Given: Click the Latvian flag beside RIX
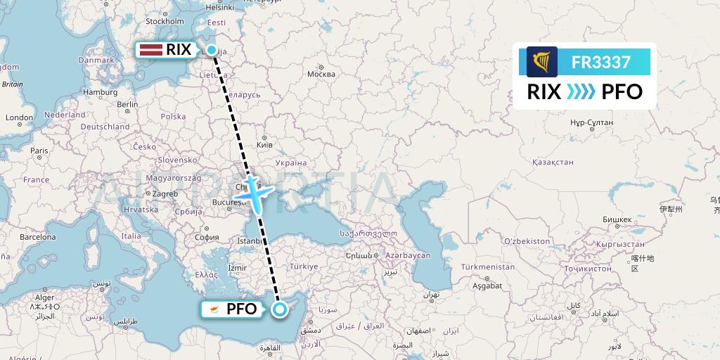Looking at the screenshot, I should click(x=151, y=49).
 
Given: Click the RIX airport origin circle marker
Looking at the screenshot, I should click(x=212, y=49).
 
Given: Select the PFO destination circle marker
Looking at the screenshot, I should click(x=280, y=309).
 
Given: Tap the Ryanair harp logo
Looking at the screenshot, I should click(x=541, y=62).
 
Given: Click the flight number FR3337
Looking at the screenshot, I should click(x=600, y=62).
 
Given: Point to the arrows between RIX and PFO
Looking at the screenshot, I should click(x=581, y=92).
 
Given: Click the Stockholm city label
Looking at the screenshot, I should click(x=165, y=21).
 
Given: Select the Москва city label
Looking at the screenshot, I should click(x=321, y=74).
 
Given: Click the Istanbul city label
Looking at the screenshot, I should click(x=251, y=240).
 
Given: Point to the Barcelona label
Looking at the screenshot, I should click(x=37, y=237).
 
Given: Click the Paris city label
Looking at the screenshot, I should click(x=39, y=150).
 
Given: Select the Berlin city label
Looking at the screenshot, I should click(x=128, y=104).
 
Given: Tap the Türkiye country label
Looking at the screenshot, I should click(x=304, y=266).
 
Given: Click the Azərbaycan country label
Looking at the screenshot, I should click(x=408, y=255).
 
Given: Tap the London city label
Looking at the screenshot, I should click(x=19, y=117).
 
